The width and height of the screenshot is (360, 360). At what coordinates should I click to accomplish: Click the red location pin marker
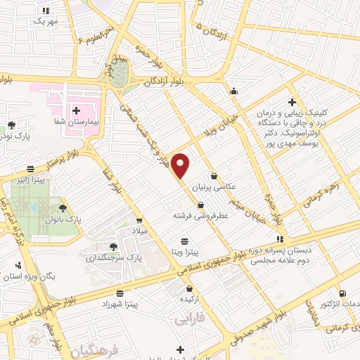coord(181,165)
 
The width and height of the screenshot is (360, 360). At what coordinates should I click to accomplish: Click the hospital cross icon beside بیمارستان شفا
coord(76,110)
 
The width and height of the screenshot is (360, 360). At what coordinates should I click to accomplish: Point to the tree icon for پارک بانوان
coord(63,208)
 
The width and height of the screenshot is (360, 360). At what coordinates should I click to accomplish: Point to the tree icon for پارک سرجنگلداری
coord(112,246)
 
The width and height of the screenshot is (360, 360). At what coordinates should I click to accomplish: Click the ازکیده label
coord(191,299)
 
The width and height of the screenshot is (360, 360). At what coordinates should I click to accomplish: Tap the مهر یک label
coord(44,21)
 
